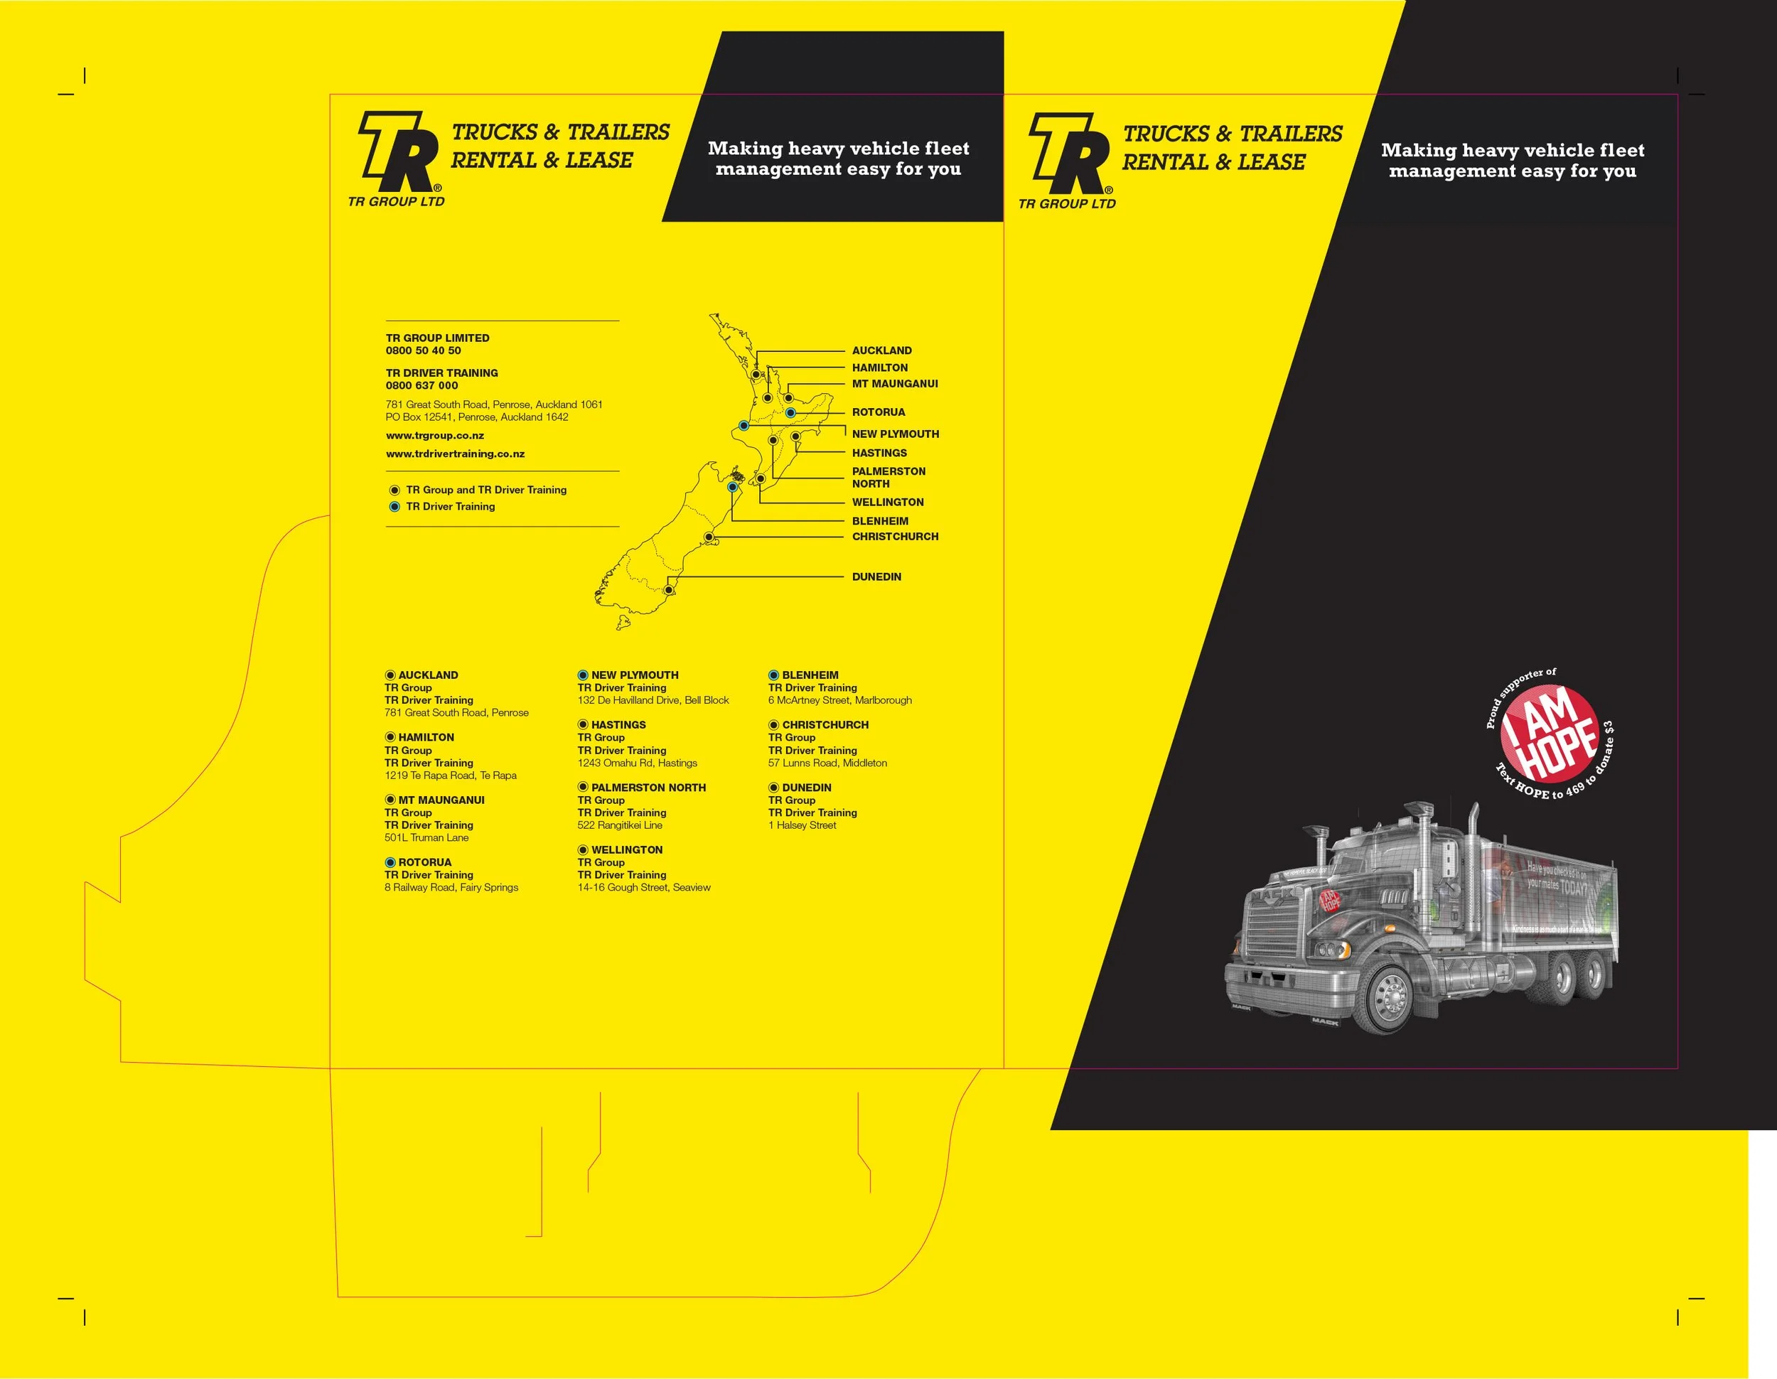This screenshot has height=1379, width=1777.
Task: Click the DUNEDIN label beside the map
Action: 876,576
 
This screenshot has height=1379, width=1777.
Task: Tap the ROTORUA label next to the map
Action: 878,412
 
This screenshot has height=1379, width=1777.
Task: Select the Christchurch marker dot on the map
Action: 709,537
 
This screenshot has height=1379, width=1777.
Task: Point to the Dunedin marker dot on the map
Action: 669,590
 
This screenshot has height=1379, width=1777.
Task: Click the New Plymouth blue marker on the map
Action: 743,426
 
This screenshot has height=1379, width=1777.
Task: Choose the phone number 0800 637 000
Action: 422,386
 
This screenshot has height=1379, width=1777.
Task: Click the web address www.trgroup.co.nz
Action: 434,435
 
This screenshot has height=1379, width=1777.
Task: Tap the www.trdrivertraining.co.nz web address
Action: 455,454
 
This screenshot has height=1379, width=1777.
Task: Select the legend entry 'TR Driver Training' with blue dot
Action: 450,506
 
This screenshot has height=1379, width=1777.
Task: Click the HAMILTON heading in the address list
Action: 426,737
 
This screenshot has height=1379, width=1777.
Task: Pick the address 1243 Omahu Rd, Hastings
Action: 637,763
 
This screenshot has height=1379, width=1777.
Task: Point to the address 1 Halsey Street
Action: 802,825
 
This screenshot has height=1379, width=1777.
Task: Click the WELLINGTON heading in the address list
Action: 626,849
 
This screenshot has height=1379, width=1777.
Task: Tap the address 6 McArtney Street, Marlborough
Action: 839,699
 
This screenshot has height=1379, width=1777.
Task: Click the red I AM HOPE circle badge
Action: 1548,732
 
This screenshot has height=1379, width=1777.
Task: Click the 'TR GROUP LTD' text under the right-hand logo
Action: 1067,203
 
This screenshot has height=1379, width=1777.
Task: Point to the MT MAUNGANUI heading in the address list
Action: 441,800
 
